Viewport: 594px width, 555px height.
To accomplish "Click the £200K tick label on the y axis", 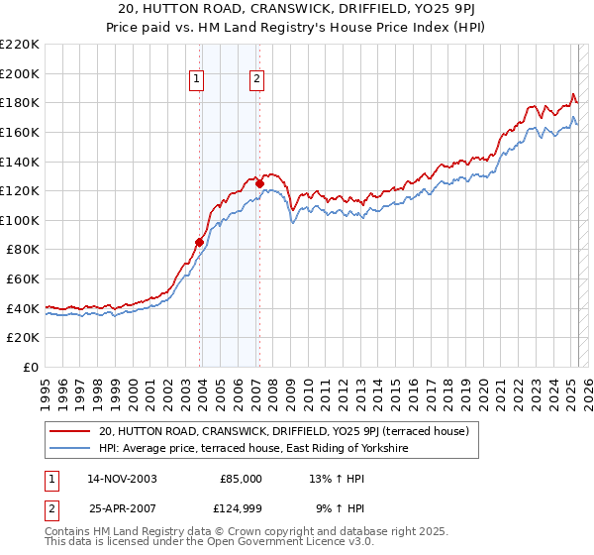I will click(x=20, y=73).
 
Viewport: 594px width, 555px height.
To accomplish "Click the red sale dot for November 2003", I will click(x=200, y=242).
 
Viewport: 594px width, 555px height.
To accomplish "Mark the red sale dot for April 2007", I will click(x=259, y=183).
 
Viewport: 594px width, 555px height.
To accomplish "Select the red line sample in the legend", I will click(x=69, y=431).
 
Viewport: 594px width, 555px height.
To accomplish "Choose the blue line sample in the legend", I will click(x=69, y=449).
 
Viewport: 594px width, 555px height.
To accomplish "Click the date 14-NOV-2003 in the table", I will click(x=122, y=479).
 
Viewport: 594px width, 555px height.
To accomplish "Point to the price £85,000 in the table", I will click(x=241, y=479).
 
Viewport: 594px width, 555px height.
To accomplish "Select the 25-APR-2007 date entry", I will click(x=122, y=508).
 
